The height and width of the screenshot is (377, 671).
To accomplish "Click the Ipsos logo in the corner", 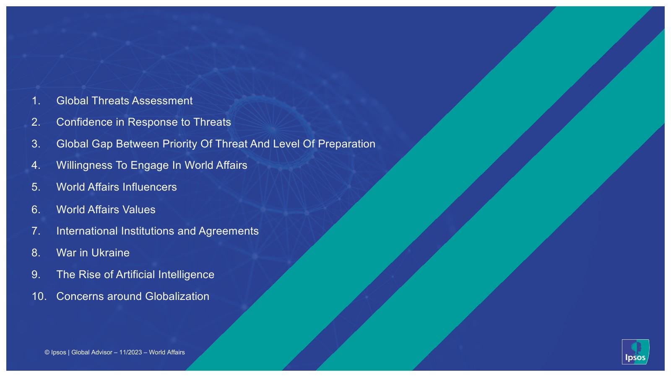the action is click(x=635, y=352).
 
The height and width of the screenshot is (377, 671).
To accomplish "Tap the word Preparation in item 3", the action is click(x=346, y=144).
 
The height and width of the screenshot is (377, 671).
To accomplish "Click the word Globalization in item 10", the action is click(x=177, y=296).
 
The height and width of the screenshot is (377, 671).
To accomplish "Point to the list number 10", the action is click(x=39, y=296).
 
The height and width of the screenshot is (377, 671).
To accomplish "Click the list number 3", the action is click(x=36, y=144).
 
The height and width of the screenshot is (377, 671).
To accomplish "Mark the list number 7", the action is click(x=36, y=231).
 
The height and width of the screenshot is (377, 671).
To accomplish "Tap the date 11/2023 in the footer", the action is click(x=130, y=352).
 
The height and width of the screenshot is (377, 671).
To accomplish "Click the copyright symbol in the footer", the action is click(x=47, y=352).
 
